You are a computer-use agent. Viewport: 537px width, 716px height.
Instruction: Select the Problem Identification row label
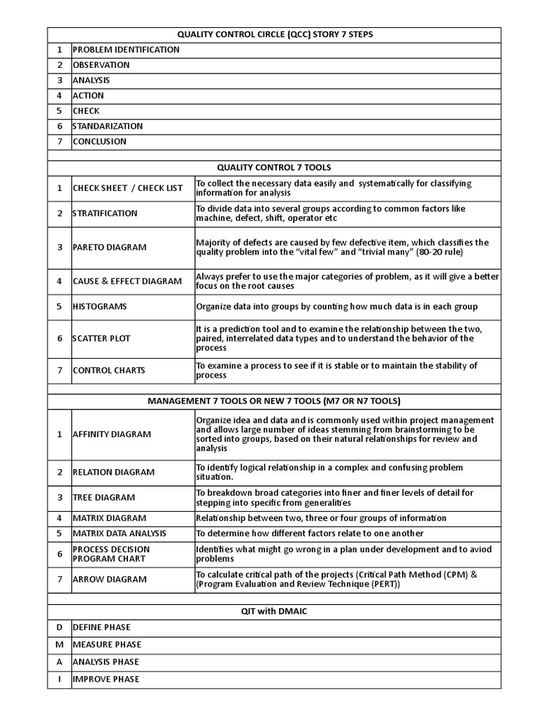point(126,50)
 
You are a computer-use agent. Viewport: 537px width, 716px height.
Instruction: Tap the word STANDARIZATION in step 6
point(108,126)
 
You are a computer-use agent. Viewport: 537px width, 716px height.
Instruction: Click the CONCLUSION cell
point(100,141)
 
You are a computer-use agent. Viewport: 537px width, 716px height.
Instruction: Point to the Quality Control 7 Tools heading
point(274,167)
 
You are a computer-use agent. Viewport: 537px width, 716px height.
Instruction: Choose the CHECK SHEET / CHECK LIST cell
point(128,188)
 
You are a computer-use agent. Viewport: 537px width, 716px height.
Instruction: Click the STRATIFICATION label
point(105,213)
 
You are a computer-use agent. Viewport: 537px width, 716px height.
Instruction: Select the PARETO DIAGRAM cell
point(110,248)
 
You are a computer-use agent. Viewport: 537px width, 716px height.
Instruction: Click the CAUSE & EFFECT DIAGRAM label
point(127,281)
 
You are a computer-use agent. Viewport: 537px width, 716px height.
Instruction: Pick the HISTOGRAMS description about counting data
point(336,306)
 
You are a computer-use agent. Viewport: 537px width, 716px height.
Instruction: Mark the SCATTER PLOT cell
point(101,338)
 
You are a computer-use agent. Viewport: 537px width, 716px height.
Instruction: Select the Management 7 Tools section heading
point(274,401)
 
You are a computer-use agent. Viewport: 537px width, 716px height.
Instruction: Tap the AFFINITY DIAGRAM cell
point(112,434)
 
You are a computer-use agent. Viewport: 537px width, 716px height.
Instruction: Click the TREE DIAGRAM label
point(104,497)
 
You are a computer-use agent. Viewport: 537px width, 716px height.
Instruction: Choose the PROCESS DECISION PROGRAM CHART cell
point(111,554)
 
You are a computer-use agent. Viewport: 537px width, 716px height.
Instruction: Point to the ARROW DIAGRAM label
point(110,579)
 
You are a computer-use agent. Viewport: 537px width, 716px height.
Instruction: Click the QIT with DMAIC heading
point(274,610)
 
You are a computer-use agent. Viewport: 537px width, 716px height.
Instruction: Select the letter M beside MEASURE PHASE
point(59,645)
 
